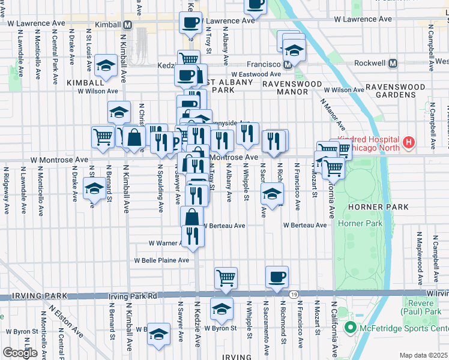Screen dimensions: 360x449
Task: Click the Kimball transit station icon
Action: tap(127, 25)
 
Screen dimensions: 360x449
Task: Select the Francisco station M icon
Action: tap(288, 64)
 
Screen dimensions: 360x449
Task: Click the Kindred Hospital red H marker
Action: tap(409, 142)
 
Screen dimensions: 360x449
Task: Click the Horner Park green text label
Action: tap(360, 223)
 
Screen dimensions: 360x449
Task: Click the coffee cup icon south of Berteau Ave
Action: tap(277, 277)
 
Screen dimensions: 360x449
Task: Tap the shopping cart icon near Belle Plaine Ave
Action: tap(226, 277)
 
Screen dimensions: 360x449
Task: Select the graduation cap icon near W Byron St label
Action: tap(221, 310)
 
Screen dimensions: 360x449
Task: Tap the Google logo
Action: tap(20, 353)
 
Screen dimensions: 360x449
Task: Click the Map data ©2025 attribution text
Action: tap(423, 355)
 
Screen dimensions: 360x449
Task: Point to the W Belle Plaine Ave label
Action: tap(161, 260)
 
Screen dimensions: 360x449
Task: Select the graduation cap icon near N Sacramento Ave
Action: tap(272, 194)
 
